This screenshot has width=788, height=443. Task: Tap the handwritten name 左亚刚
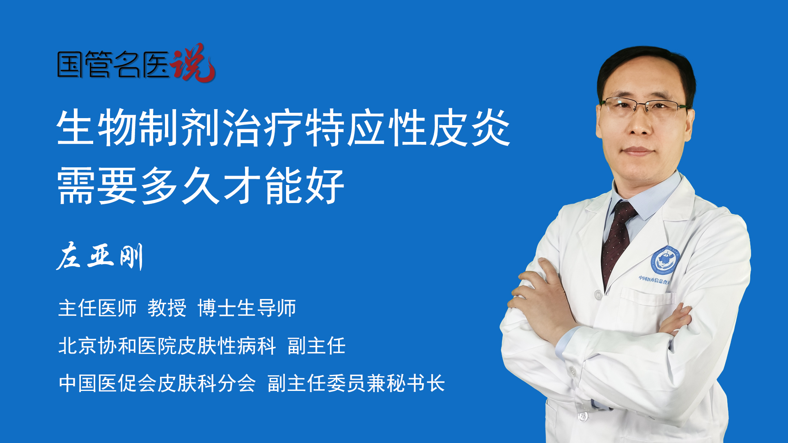(100, 256)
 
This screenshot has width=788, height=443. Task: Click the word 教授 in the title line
(167, 308)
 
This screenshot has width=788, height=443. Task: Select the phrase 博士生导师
(247, 308)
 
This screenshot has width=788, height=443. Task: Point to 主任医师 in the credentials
(97, 308)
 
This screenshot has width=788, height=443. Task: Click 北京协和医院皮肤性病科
(167, 346)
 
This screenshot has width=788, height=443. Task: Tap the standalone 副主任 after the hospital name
(316, 346)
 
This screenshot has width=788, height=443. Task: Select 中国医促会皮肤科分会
(157, 384)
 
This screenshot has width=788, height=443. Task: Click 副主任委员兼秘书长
(356, 384)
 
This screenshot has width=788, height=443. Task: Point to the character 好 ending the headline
(324, 185)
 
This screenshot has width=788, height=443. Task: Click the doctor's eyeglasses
(645, 106)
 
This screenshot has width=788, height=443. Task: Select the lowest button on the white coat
(582, 416)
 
